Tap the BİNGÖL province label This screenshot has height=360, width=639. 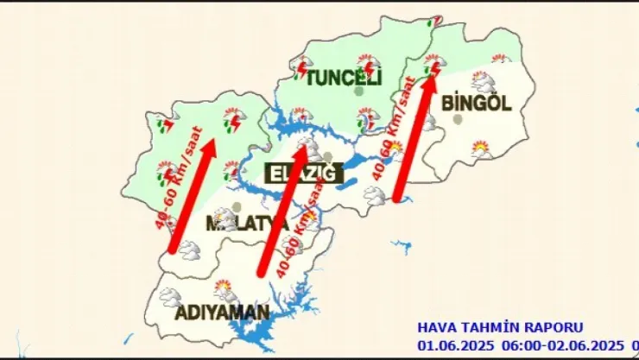pyautogui.click(x=476, y=103)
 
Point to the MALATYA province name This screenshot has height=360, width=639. pyautogui.click(x=246, y=224)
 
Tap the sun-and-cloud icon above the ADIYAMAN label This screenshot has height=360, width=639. pyautogui.click(x=223, y=287)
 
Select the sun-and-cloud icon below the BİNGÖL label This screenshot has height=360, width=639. pyautogui.click(x=480, y=149)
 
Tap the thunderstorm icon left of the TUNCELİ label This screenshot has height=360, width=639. pyautogui.click(x=302, y=66)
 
